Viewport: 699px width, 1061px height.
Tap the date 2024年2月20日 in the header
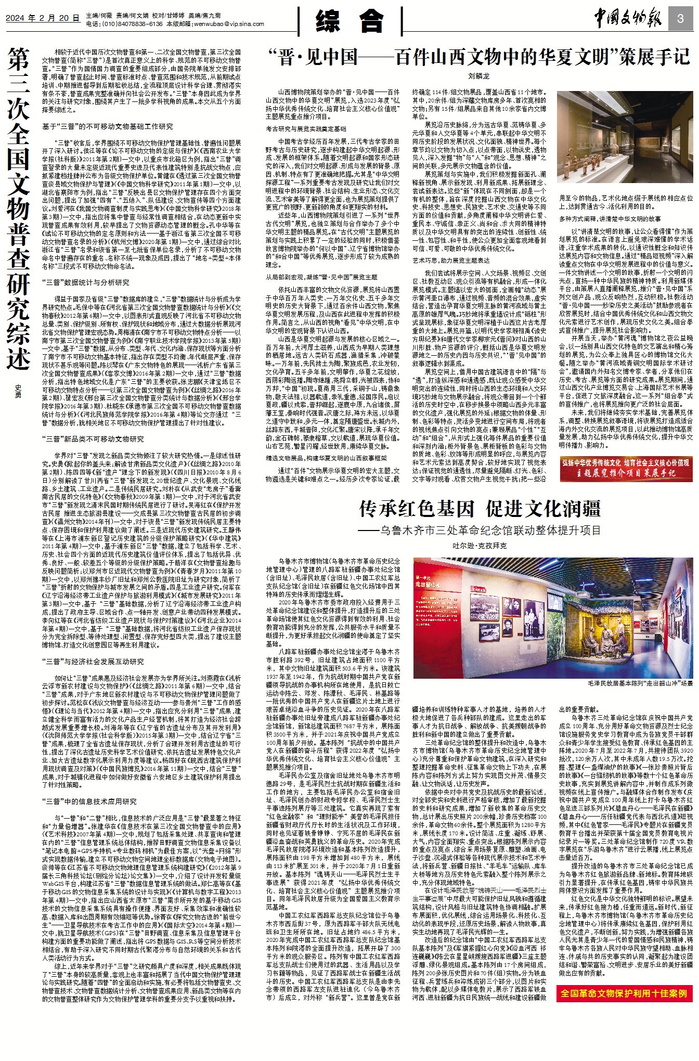point(42,18)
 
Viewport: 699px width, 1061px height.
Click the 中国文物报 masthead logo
point(628,20)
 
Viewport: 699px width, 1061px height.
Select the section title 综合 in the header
point(349,22)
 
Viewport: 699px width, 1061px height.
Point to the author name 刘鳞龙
point(478,76)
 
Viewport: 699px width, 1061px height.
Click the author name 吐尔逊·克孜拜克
point(479,546)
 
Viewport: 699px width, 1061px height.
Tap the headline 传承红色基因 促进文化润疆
point(480,508)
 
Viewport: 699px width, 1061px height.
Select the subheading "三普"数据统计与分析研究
point(85,283)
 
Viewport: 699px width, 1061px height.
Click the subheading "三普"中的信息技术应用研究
point(90,801)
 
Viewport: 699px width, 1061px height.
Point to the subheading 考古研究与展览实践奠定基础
point(306,128)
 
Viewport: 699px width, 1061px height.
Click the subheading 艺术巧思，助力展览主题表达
point(451,260)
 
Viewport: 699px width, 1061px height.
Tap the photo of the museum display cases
point(625,143)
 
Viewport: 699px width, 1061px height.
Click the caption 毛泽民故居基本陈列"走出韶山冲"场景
point(640,683)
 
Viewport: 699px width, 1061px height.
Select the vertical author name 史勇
point(18,391)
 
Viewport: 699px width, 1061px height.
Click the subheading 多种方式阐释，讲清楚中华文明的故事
point(610,219)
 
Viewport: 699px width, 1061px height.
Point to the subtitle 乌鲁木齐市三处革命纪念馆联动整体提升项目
point(480,530)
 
